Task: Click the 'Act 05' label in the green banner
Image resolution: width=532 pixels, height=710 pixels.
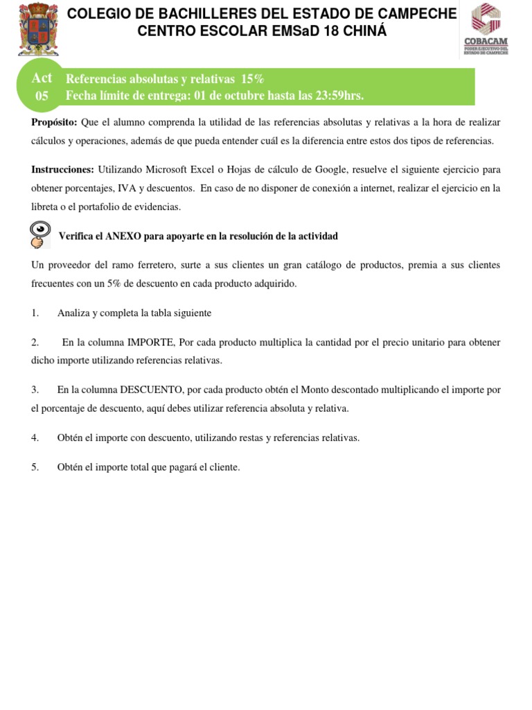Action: (42, 87)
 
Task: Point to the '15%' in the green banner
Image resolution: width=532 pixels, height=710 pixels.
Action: (252, 79)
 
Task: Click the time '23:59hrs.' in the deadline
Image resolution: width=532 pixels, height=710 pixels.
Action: (339, 96)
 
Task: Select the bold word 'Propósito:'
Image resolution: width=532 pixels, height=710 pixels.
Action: (55, 123)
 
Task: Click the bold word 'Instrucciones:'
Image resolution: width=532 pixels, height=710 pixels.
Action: (63, 170)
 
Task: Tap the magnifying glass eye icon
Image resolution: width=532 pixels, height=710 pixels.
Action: (40, 234)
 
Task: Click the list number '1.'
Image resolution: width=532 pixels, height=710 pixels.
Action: (35, 313)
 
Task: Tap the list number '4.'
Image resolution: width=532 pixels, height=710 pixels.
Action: (35, 438)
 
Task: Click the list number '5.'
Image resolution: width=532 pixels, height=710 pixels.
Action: (35, 467)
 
